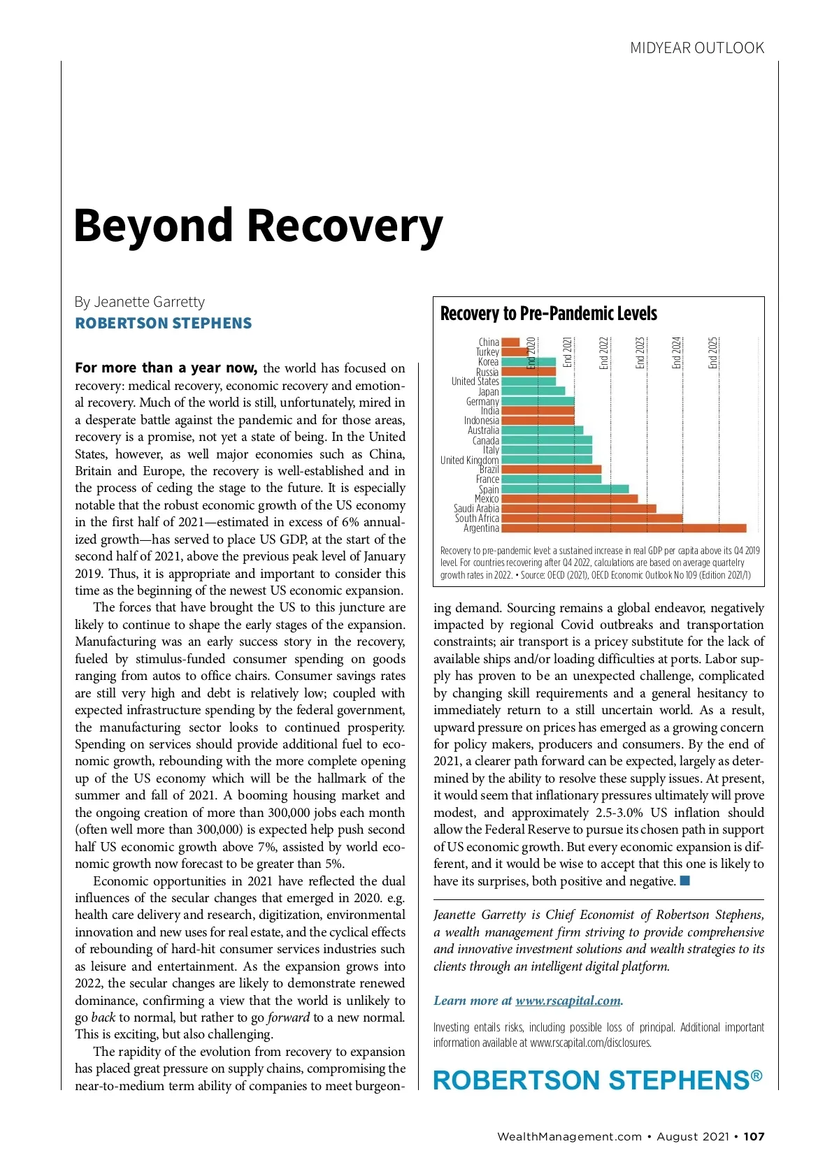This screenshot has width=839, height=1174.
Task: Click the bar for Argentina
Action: [624, 528]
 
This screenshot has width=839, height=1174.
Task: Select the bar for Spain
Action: [565, 489]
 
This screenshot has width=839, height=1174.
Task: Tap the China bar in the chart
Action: [510, 342]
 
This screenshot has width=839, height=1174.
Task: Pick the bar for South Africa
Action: [591, 519]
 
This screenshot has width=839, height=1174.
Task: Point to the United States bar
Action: [529, 382]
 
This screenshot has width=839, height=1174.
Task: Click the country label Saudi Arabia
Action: [476, 509]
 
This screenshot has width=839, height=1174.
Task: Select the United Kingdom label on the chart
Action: [469, 460]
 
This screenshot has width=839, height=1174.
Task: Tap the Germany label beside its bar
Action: [482, 401]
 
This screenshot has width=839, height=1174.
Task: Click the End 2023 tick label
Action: [640, 353]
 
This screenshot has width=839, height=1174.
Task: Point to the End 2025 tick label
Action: [713, 353]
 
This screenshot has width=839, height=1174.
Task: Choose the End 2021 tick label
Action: [567, 353]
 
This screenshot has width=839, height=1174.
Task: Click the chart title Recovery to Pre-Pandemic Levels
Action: [548, 313]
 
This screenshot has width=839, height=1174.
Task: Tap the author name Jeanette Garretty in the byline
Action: [149, 302]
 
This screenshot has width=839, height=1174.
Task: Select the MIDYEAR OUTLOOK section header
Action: [696, 48]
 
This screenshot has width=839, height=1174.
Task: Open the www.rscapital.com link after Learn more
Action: [568, 1001]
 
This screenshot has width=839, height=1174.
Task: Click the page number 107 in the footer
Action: [754, 1136]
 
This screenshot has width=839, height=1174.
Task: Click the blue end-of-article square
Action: [685, 880]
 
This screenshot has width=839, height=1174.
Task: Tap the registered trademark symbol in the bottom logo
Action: [756, 1075]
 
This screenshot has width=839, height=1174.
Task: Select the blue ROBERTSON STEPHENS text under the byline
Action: [164, 324]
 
